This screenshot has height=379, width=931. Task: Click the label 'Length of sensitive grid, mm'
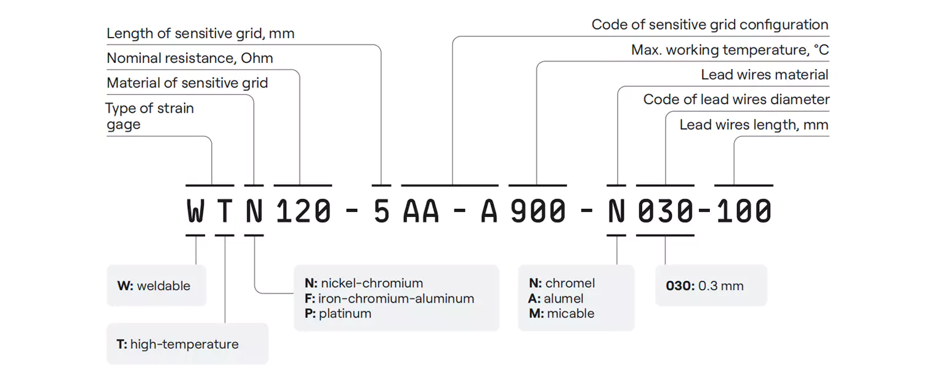(200, 34)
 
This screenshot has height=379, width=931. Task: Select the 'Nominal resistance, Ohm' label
(190, 59)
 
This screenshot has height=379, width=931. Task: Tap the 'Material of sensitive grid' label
(187, 83)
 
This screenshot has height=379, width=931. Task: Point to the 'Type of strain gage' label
(150, 116)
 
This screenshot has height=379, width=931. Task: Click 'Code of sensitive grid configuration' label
(709, 25)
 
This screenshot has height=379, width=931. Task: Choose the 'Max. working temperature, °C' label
(730, 50)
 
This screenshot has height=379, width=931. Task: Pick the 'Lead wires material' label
(764, 75)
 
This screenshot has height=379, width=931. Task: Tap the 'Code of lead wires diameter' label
(736, 100)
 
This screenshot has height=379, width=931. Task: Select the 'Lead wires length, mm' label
(754, 125)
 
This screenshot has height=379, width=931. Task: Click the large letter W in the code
(195, 212)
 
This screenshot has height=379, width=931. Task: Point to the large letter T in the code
(225, 212)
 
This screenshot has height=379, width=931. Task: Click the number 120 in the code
(303, 212)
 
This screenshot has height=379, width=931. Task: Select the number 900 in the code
(538, 212)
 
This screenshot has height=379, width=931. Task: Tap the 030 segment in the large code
(665, 212)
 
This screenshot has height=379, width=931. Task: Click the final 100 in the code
(744, 212)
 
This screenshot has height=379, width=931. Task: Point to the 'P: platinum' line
(338, 314)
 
